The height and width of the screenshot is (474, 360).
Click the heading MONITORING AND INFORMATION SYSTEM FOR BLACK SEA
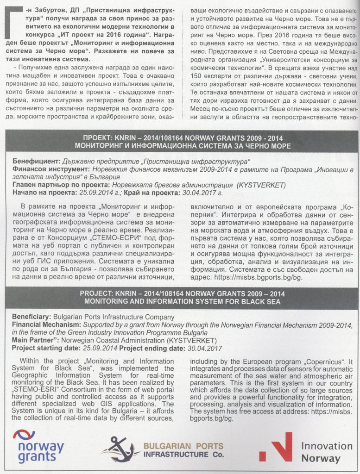(180, 301)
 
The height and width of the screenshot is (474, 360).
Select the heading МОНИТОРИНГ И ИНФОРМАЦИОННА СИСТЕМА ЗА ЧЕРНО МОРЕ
(180, 146)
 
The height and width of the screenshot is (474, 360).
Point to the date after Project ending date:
(204, 348)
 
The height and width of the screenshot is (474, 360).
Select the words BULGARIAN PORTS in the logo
(183, 446)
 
